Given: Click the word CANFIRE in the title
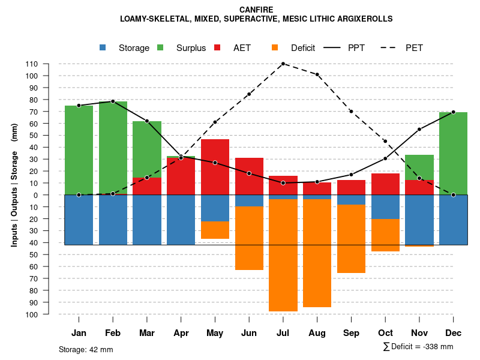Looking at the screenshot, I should [256, 10].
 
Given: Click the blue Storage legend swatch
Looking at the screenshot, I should [103, 47].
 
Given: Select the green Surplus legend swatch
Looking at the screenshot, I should [161, 47].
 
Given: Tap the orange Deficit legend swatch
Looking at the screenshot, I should [275, 47].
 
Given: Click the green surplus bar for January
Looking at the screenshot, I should [79, 150].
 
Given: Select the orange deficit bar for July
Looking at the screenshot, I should [283, 255].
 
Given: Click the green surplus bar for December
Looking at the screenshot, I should [454, 153].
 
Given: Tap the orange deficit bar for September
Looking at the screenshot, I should [352, 239].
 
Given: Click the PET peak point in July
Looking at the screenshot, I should [283, 64].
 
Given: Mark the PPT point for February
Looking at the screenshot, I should [113, 101].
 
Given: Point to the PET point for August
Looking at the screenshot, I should [317, 74].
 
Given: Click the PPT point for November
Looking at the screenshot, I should [419, 129].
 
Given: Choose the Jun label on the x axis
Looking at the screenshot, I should [249, 333].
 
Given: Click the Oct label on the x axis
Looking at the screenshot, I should [385, 333].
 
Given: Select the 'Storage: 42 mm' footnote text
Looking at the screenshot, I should [86, 349].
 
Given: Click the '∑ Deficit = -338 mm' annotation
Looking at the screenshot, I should [418, 347].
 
